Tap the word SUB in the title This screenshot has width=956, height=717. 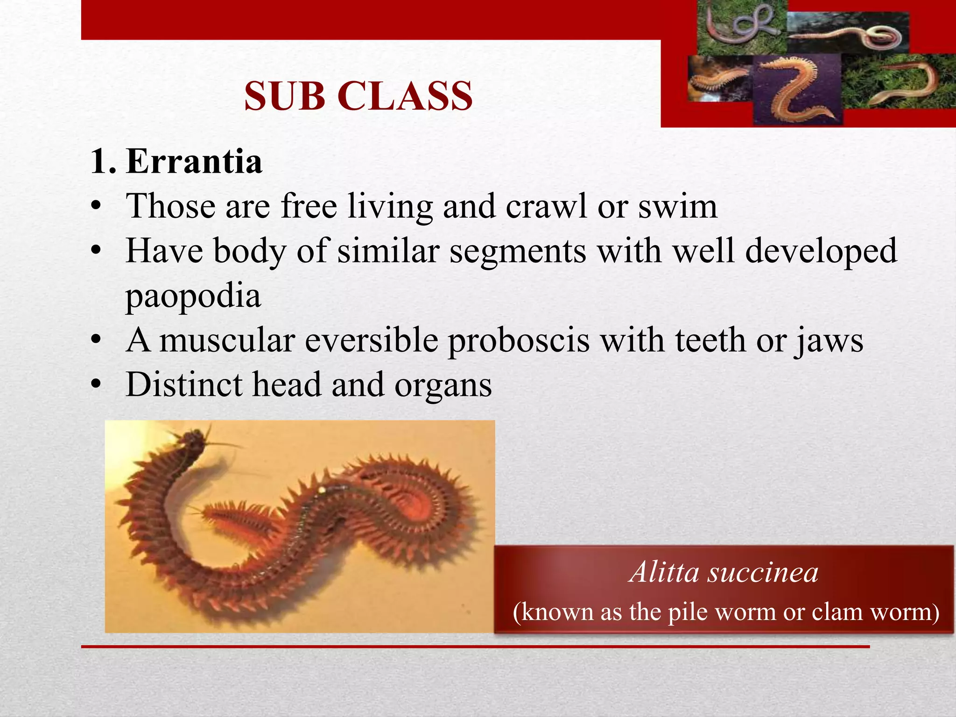point(285,96)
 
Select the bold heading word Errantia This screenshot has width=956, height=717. point(194,162)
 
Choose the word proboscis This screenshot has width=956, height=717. point(519,341)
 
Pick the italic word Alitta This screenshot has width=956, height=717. point(664,572)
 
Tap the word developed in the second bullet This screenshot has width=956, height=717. point(821,251)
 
